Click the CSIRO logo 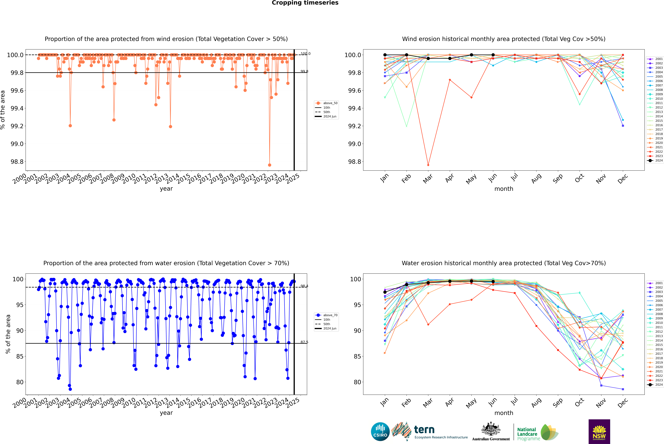click(380, 432)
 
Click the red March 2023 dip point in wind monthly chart click(428, 165)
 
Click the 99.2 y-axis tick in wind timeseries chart click(17, 126)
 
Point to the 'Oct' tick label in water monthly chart click(579, 402)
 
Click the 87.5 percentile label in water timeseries click(304, 342)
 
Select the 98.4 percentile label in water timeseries click(304, 286)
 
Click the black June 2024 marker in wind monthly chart click(493, 55)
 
